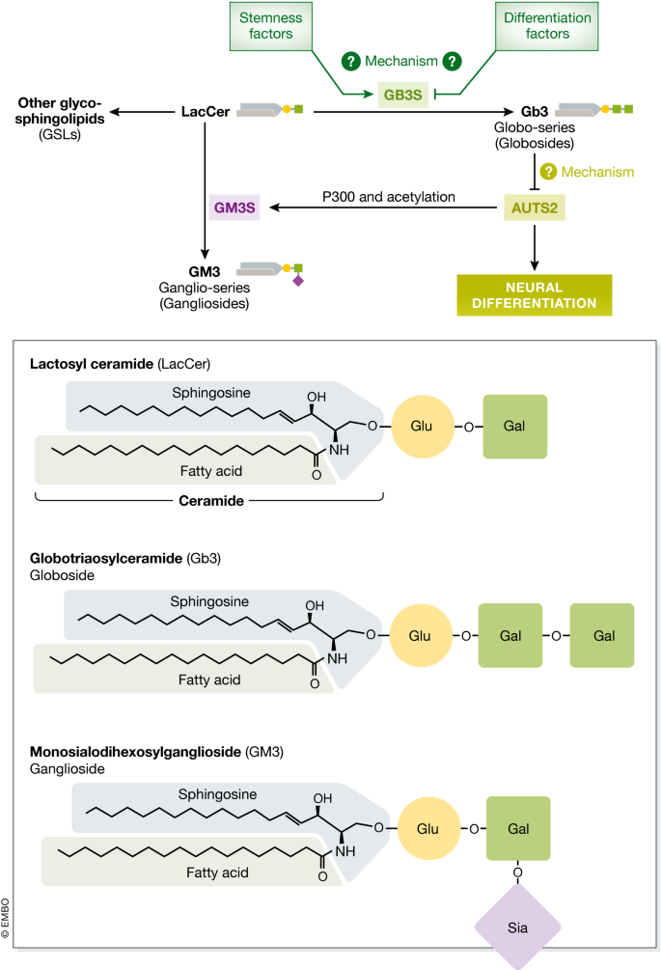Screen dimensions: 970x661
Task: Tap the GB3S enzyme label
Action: point(401,94)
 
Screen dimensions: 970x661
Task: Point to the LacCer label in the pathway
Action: point(206,112)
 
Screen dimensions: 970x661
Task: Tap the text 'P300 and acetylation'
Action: point(389,196)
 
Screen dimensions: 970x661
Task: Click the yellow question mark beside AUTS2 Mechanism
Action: point(548,172)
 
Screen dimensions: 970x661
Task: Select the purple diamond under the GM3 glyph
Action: point(298,281)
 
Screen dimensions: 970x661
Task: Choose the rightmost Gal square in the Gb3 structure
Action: point(602,635)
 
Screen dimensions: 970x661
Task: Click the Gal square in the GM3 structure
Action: point(518,828)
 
